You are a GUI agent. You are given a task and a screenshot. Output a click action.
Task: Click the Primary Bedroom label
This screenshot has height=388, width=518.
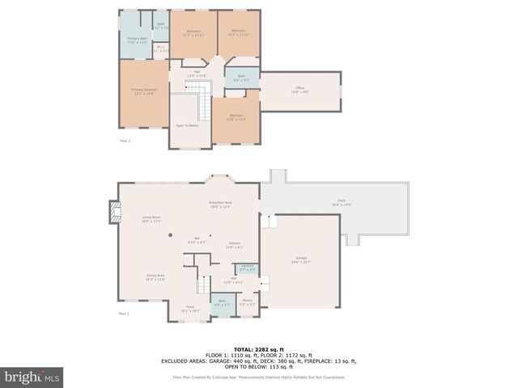[x=143, y=92]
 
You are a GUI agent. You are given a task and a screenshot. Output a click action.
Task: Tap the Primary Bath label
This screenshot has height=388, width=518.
[x=137, y=40]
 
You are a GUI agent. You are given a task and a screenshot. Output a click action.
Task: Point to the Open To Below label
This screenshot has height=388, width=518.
[x=188, y=125]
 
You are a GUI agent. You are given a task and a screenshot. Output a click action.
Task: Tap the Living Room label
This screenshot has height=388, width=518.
[x=151, y=218]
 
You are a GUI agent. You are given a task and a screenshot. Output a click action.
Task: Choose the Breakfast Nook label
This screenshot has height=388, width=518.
[x=220, y=205]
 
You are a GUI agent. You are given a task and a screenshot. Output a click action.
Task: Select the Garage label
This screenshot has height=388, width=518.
[x=300, y=260]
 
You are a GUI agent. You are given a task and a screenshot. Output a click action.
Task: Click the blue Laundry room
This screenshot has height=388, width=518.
[x=247, y=268]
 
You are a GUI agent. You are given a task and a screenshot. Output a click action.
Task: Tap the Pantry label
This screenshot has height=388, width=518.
[x=247, y=302]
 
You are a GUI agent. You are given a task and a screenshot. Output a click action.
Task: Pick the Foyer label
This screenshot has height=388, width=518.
[x=190, y=308]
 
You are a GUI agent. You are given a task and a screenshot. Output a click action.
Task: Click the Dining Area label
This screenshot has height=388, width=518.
[x=155, y=277]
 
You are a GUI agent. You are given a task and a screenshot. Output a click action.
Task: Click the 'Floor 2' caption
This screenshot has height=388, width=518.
[x=125, y=141]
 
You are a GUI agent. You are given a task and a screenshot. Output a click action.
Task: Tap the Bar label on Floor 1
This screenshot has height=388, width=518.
[x=197, y=240]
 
